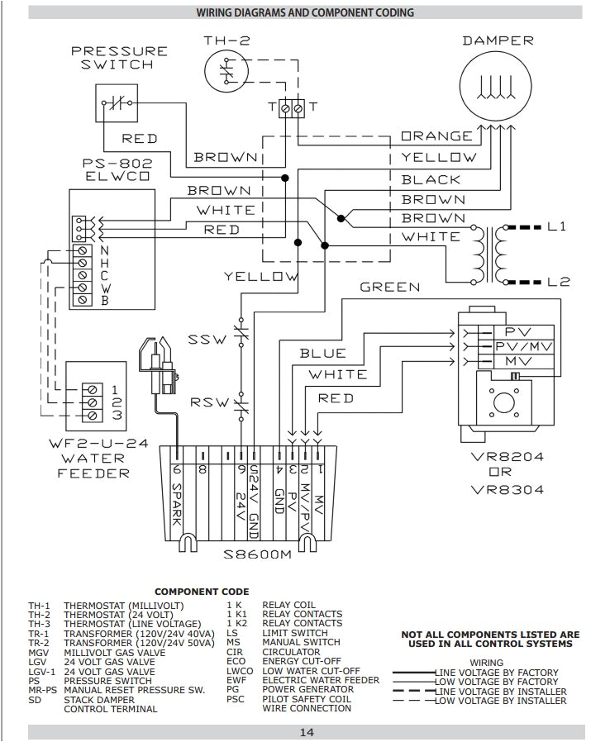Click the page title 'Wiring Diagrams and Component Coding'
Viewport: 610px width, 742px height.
tap(305, 12)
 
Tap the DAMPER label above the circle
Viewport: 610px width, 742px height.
tap(498, 40)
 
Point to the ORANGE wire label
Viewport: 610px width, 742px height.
tap(437, 136)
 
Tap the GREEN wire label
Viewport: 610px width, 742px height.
tap(389, 288)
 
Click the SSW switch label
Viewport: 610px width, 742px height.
tap(207, 340)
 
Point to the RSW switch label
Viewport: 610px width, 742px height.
tap(207, 402)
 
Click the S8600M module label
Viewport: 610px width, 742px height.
tap(258, 554)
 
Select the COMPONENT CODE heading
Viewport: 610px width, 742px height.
tap(201, 592)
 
